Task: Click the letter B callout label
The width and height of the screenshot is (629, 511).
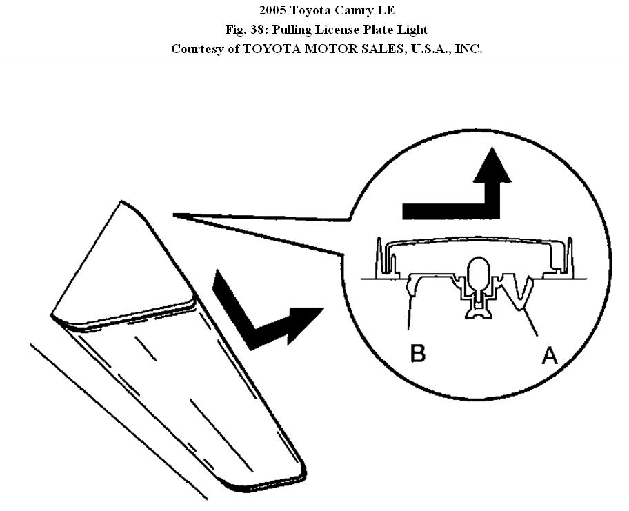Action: coord(417,353)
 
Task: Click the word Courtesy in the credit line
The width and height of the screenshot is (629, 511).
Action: coord(195,49)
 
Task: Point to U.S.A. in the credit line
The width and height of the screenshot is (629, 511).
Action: coord(408,49)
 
